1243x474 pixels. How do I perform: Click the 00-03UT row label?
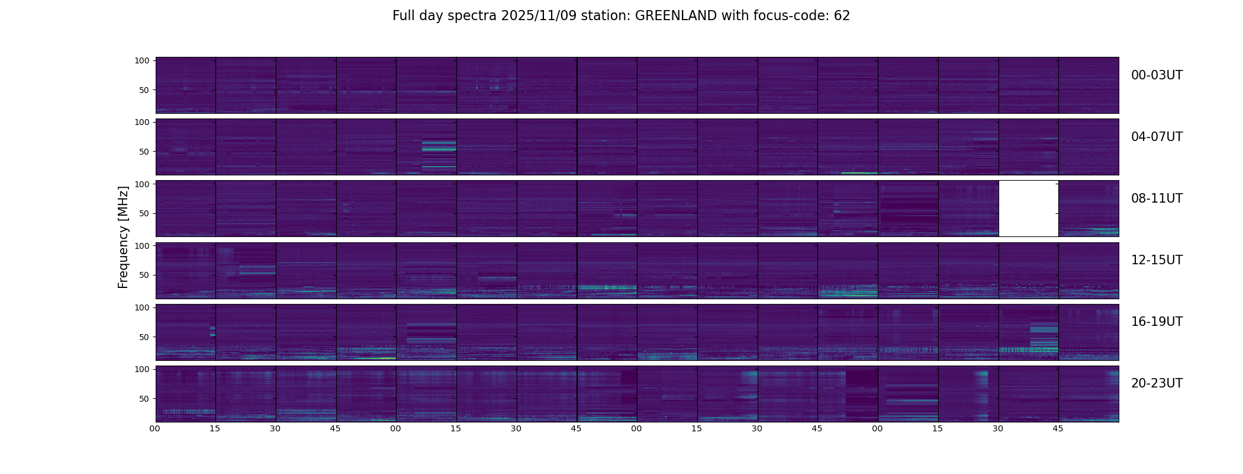tap(1157, 75)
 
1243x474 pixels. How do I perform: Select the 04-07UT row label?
tap(1157, 137)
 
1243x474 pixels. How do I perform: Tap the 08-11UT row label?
tap(1157, 198)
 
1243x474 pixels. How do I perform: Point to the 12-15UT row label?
tap(1157, 260)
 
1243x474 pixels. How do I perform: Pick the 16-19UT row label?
tap(1157, 322)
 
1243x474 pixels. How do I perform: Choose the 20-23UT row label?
tap(1157, 383)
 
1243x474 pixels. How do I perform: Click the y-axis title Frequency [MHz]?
tap(123, 237)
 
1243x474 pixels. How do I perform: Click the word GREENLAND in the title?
tap(675, 16)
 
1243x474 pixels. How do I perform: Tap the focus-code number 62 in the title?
tap(842, 16)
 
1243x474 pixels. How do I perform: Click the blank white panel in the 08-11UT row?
tap(1029, 209)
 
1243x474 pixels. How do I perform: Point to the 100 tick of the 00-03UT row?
tap(142, 60)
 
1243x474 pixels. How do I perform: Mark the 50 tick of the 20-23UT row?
tap(144, 399)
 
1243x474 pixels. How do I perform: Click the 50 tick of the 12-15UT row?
tap(144, 276)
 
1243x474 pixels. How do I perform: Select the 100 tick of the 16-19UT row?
tap(142, 308)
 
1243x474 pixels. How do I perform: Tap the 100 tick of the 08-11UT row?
tap(142, 184)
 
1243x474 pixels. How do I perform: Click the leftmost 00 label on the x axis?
tap(155, 428)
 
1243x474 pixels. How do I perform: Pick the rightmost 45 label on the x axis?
tap(1058, 428)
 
